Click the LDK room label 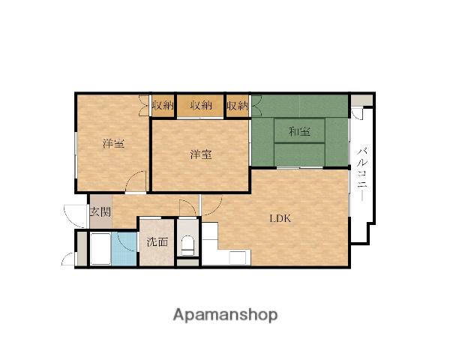pos(280,219)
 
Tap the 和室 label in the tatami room pos(299,132)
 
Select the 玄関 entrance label pos(100,211)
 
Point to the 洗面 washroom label pos(157,242)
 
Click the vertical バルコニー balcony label pos(362,174)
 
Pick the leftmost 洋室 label pos(114,143)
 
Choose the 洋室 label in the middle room pos(201,154)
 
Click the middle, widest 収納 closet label pos(201,106)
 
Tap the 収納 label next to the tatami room pos(237,106)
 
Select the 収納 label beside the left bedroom pos(163,106)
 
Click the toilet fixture pos(188,246)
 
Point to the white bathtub pos(100,249)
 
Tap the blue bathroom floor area pos(124,249)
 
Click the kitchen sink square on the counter pos(238,257)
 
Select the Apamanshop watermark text pos(225,315)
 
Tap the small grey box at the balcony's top pos(362,100)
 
